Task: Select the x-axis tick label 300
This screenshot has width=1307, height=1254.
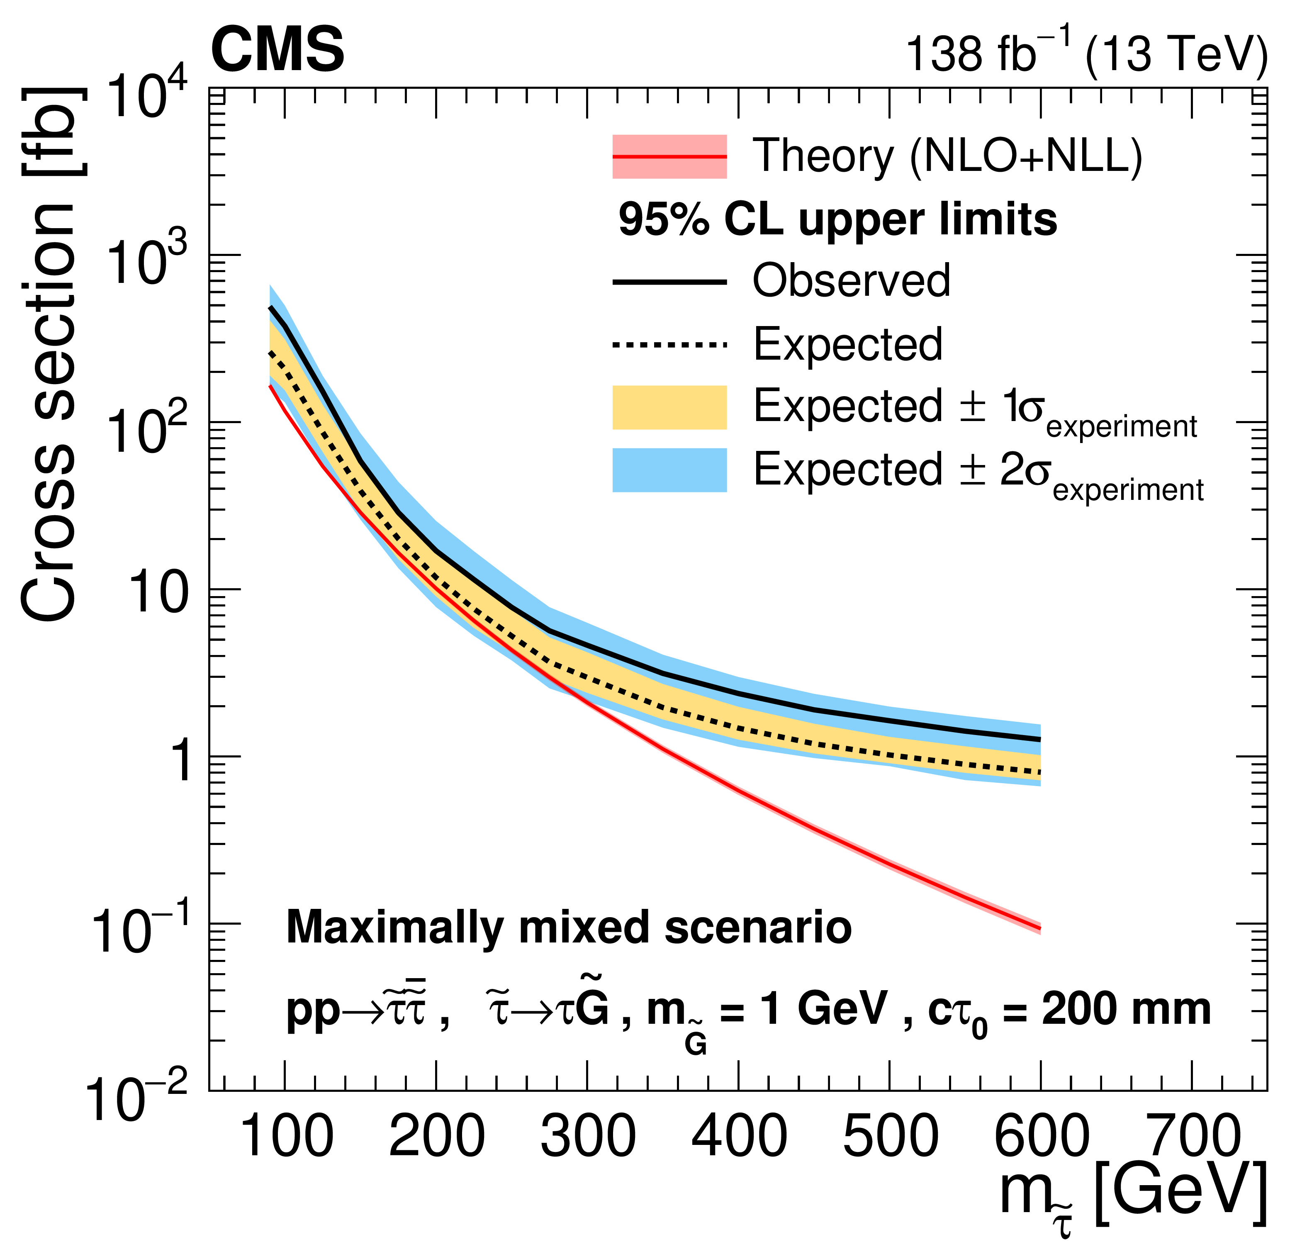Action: click(587, 1137)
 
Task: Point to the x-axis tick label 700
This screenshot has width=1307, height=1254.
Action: click(1192, 1137)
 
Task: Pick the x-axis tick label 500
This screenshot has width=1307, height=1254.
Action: click(890, 1137)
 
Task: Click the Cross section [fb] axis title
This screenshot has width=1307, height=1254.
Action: click(51, 353)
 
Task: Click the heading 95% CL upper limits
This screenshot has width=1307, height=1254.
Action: click(837, 220)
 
